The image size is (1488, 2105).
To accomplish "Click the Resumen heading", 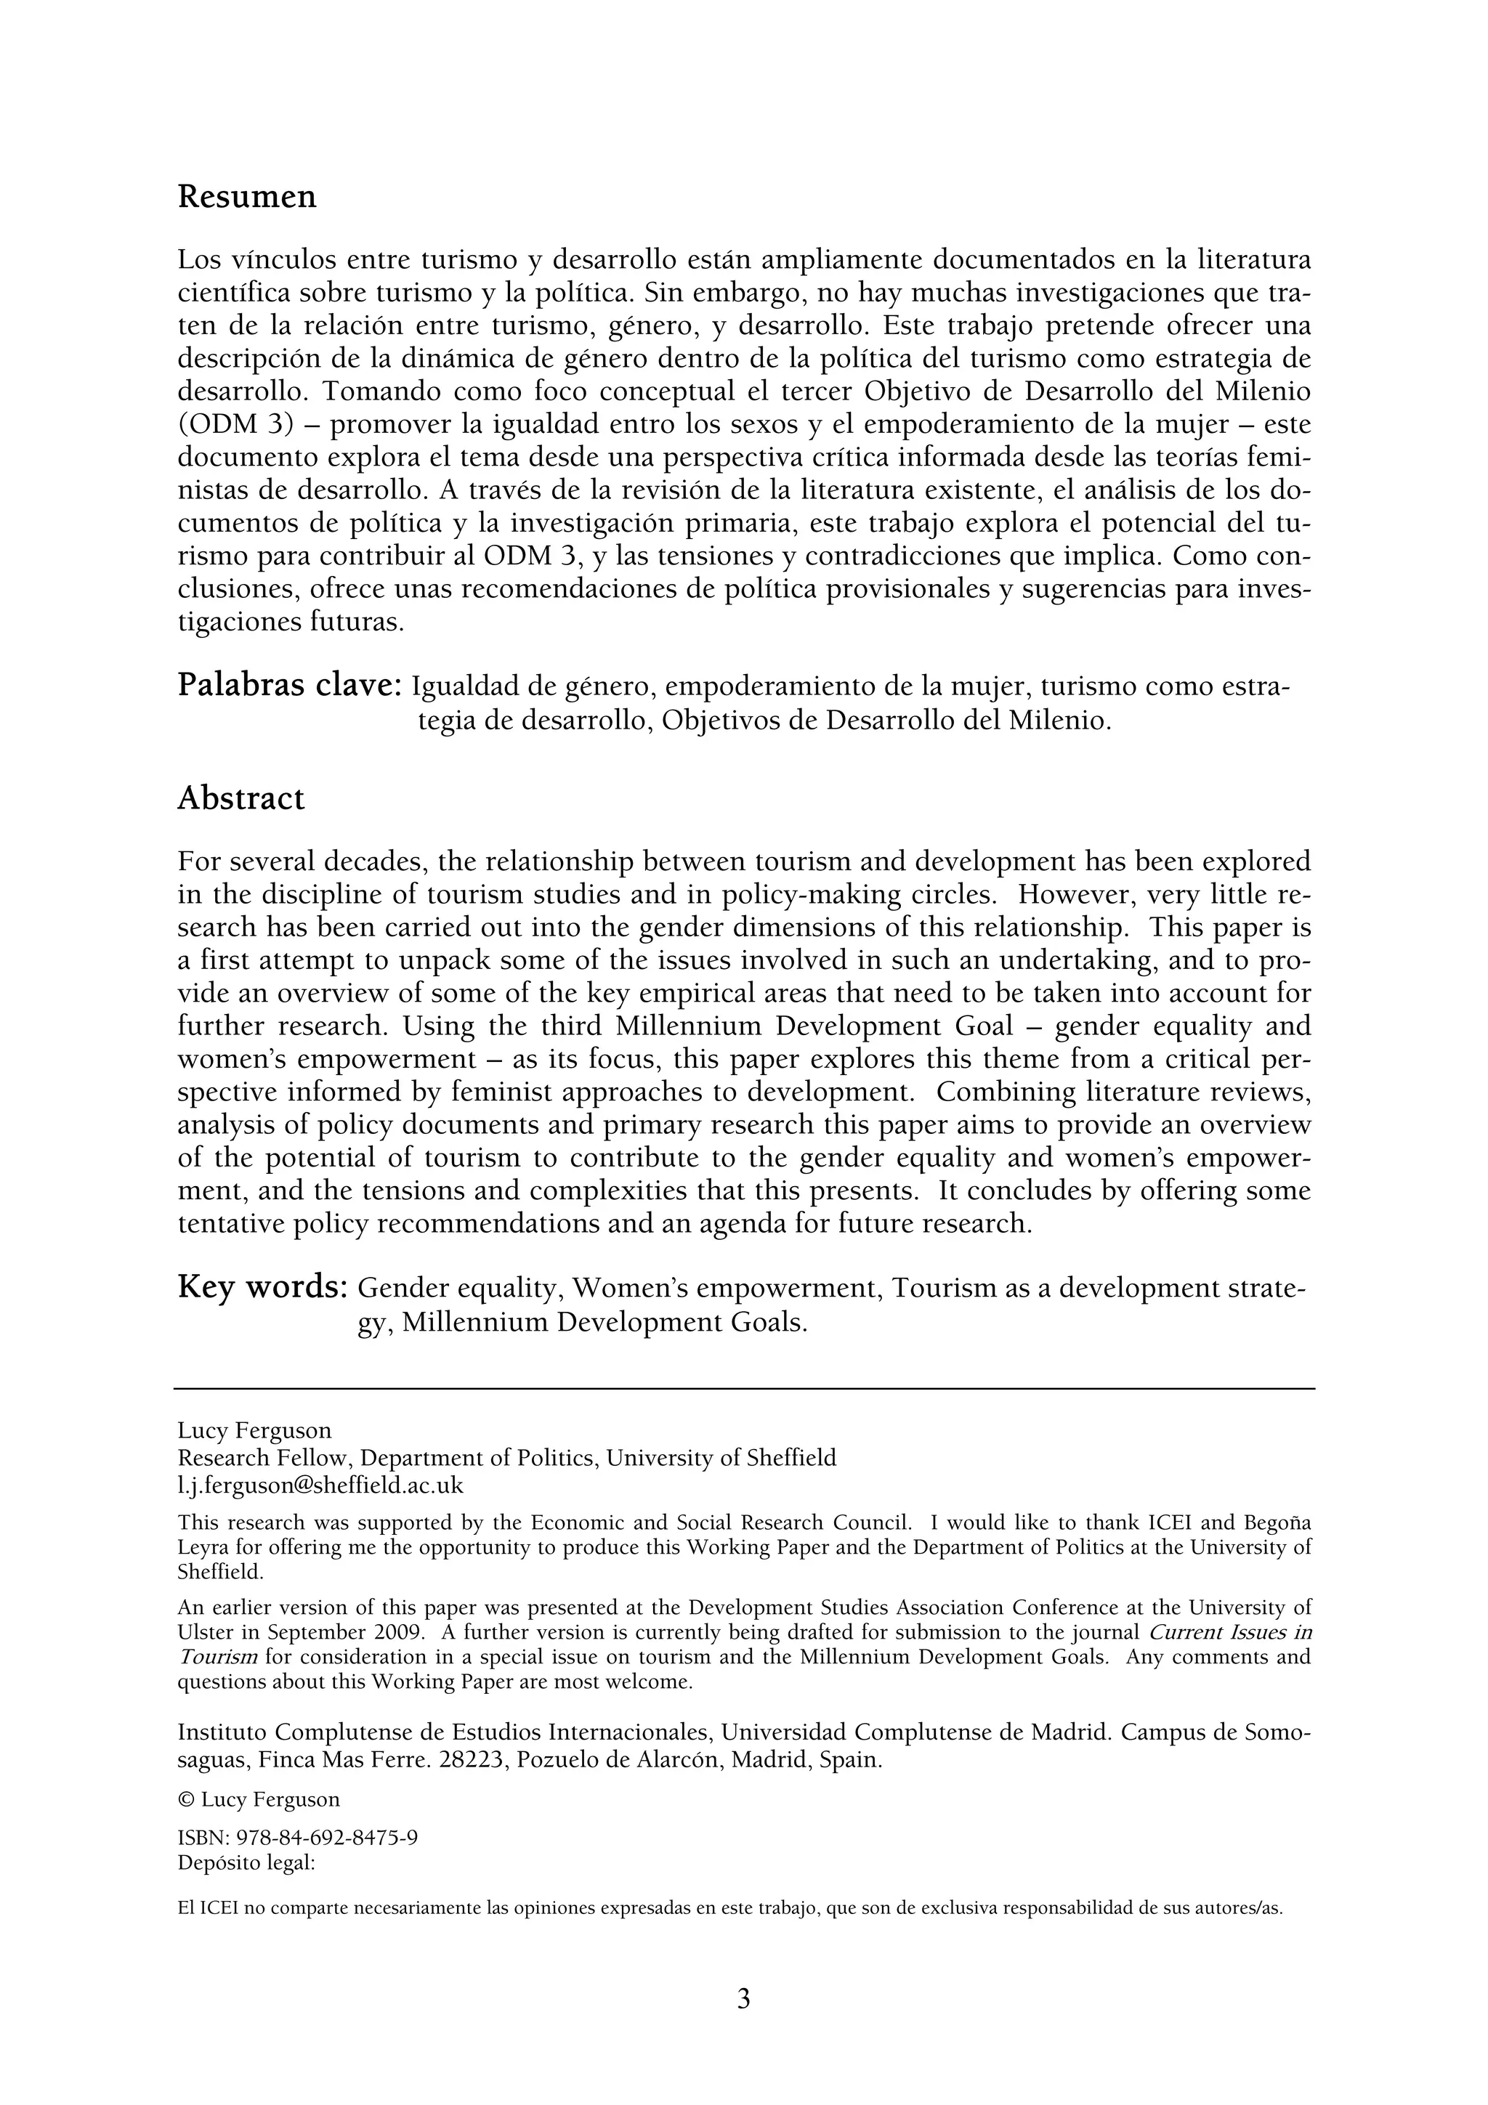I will pyautogui.click(x=246, y=197).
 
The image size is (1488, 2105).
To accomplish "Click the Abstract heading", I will pyautogui.click(x=240, y=798).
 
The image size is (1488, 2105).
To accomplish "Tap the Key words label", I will pyautogui.click(x=262, y=1286).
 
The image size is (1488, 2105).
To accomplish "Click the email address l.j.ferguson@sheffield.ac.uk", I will pyautogui.click(x=321, y=1485).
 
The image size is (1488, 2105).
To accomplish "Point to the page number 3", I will pyautogui.click(x=743, y=1997).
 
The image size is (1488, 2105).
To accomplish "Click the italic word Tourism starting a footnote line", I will pyautogui.click(x=217, y=1657).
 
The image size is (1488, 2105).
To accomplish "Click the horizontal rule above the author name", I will pyautogui.click(x=743, y=1389).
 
